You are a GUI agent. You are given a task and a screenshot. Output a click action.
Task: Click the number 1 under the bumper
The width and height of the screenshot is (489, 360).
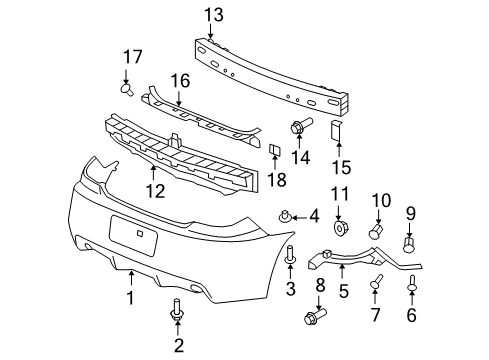tap(130, 298)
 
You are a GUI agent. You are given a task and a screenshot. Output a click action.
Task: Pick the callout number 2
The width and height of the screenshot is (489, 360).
tap(179, 347)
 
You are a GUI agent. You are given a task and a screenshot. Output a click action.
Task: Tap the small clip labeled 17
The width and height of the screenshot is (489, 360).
tap(128, 90)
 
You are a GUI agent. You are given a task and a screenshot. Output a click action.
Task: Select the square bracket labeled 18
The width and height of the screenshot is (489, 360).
tap(272, 151)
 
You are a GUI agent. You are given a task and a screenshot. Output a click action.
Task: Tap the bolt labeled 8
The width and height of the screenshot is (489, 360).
tap(320, 322)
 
